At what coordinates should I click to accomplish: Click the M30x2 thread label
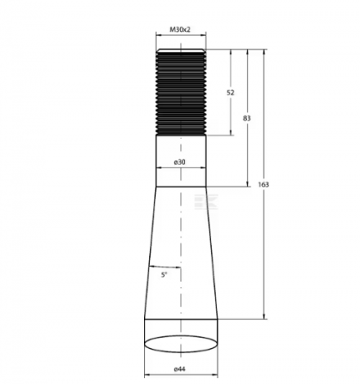[x=180, y=29]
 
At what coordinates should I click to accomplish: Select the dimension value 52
[x=231, y=93]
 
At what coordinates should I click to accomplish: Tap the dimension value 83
[x=247, y=117]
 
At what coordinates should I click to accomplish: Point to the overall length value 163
[x=263, y=184]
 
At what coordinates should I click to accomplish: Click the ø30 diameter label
[x=180, y=162]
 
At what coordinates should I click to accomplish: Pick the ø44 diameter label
[x=180, y=369]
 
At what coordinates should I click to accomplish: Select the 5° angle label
[x=164, y=275]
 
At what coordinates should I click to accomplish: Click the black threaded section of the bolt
[x=181, y=92]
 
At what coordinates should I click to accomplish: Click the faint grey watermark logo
[x=206, y=201]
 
